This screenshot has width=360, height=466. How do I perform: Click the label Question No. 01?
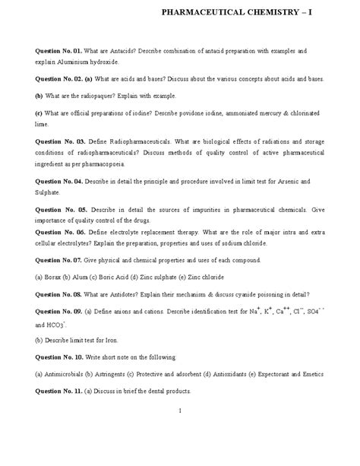click(60, 50)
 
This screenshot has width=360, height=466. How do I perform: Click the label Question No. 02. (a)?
click(65, 79)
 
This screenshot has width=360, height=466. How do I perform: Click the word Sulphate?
click(52, 193)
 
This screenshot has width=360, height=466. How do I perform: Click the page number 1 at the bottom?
click(180, 411)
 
